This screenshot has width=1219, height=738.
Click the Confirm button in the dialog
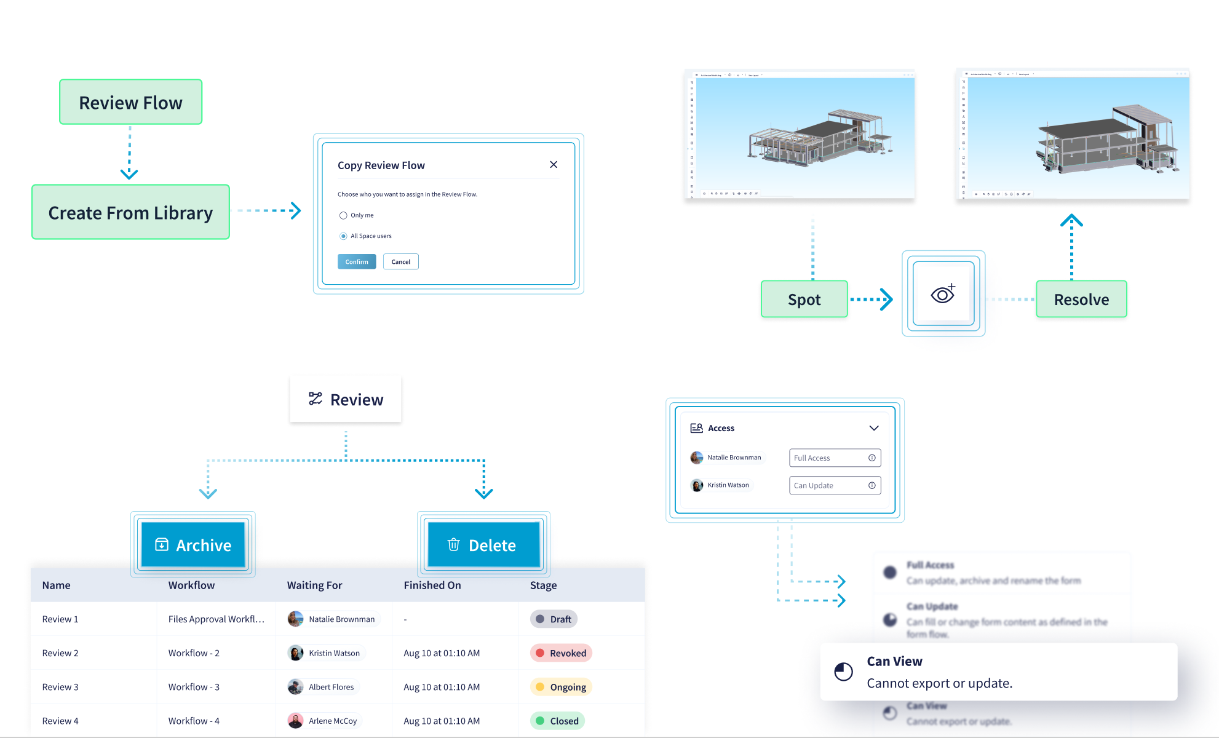(357, 262)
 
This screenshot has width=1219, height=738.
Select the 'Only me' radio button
(343, 216)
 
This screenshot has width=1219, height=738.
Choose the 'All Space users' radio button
(343, 236)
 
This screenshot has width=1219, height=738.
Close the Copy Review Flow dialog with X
(554, 165)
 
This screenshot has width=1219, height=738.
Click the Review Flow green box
(130, 102)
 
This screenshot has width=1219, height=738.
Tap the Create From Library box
(130, 212)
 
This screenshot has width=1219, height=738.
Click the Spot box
(804, 300)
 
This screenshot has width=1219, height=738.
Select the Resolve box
(1081, 300)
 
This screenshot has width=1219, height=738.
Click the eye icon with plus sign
(943, 294)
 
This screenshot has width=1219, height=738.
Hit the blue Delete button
(483, 545)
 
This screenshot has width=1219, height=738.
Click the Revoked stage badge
(561, 653)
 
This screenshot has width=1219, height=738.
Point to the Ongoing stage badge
(561, 687)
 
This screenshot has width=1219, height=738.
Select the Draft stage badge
(554, 619)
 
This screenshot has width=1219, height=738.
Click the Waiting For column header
(314, 585)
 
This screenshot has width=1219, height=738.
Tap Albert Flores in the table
(331, 687)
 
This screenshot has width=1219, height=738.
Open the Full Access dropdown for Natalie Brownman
(835, 458)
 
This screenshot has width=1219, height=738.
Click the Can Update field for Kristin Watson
(835, 486)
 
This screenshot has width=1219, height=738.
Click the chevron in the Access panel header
(873, 428)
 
